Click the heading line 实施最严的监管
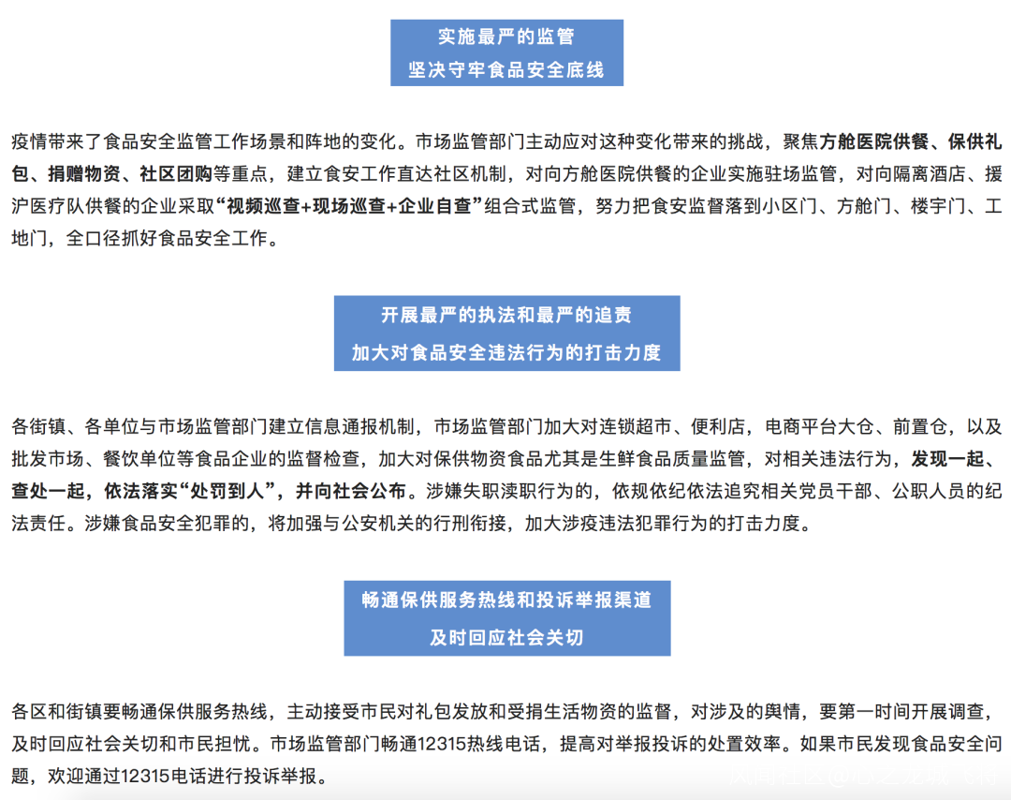click(x=506, y=37)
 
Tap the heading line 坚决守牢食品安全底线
click(x=506, y=70)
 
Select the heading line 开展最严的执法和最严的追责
click(x=506, y=316)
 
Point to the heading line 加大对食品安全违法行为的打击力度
click(x=506, y=352)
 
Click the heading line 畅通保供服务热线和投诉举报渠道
click(x=506, y=600)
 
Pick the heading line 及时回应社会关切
click(x=506, y=638)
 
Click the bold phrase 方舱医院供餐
click(x=873, y=142)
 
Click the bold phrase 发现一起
click(x=946, y=459)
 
